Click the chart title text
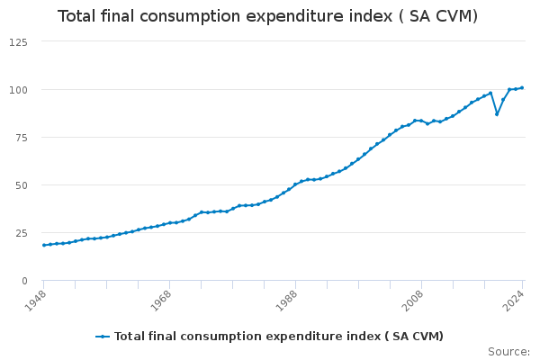click(x=267, y=16)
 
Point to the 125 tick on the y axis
click(x=17, y=42)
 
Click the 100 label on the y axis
click(x=17, y=90)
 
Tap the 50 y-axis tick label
click(x=20, y=185)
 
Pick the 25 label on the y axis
click(x=20, y=233)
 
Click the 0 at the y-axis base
click(x=23, y=281)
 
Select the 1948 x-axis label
click(x=37, y=298)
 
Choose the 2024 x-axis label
click(x=515, y=298)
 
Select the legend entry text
click(x=278, y=337)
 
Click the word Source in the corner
click(x=508, y=351)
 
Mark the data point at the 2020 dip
click(x=497, y=114)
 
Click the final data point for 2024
click(x=522, y=88)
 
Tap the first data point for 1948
click(x=43, y=245)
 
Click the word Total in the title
click(x=77, y=16)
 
